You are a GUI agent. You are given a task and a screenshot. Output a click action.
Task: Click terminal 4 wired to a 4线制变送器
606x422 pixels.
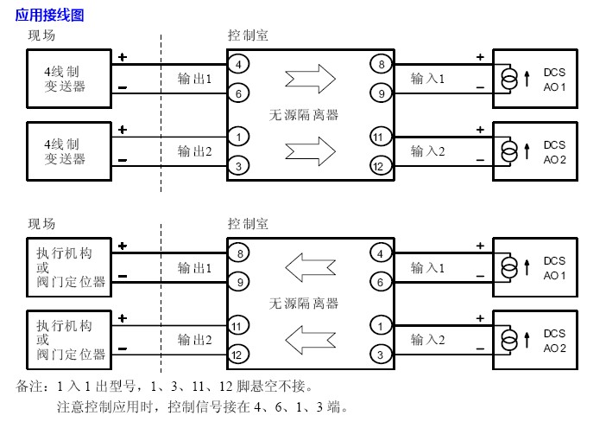[x=238, y=65]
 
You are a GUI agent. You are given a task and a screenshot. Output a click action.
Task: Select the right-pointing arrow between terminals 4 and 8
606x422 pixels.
[x=309, y=79]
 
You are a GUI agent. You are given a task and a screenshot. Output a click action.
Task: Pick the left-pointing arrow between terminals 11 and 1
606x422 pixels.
[x=309, y=339]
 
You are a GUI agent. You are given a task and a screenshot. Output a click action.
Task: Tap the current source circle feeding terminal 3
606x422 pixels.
[x=509, y=340]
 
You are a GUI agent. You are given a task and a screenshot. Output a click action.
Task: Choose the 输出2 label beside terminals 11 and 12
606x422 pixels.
[x=194, y=340]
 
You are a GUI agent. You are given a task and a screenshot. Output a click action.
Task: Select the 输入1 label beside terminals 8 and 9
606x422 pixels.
[x=427, y=79]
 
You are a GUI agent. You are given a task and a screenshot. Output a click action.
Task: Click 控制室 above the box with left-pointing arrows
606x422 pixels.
[x=247, y=223]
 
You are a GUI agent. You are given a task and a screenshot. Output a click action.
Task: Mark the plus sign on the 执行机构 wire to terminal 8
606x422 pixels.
[x=122, y=246]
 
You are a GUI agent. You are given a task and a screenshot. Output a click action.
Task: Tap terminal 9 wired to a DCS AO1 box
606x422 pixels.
[x=377, y=93]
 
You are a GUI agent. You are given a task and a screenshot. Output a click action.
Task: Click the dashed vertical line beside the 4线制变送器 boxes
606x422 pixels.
[x=161, y=112]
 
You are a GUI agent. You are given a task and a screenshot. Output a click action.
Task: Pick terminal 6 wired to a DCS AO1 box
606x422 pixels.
[x=377, y=281]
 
